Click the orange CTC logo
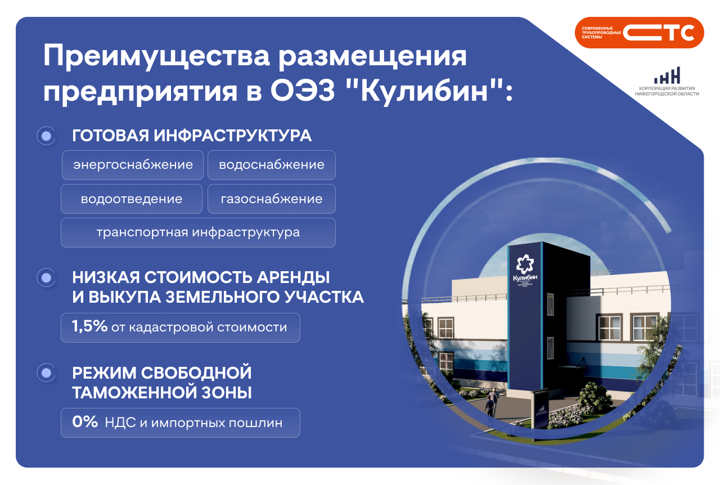(x=639, y=33)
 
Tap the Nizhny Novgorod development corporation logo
(x=667, y=82)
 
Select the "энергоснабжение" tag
(x=133, y=165)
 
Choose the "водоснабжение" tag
(x=272, y=165)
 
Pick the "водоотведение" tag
(x=132, y=199)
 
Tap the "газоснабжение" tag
(x=272, y=199)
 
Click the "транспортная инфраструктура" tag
(x=199, y=232)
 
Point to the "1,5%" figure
(x=89, y=326)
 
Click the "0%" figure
(x=85, y=421)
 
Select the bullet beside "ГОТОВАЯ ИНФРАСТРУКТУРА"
(x=46, y=136)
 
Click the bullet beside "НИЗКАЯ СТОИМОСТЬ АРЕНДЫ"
(x=46, y=277)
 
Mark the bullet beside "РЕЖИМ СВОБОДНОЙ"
(x=46, y=373)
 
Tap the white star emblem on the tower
(x=525, y=264)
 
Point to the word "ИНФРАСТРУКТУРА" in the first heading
(x=232, y=136)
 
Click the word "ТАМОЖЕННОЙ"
(x=134, y=393)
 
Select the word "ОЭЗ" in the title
(x=303, y=91)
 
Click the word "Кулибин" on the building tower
(x=525, y=278)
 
